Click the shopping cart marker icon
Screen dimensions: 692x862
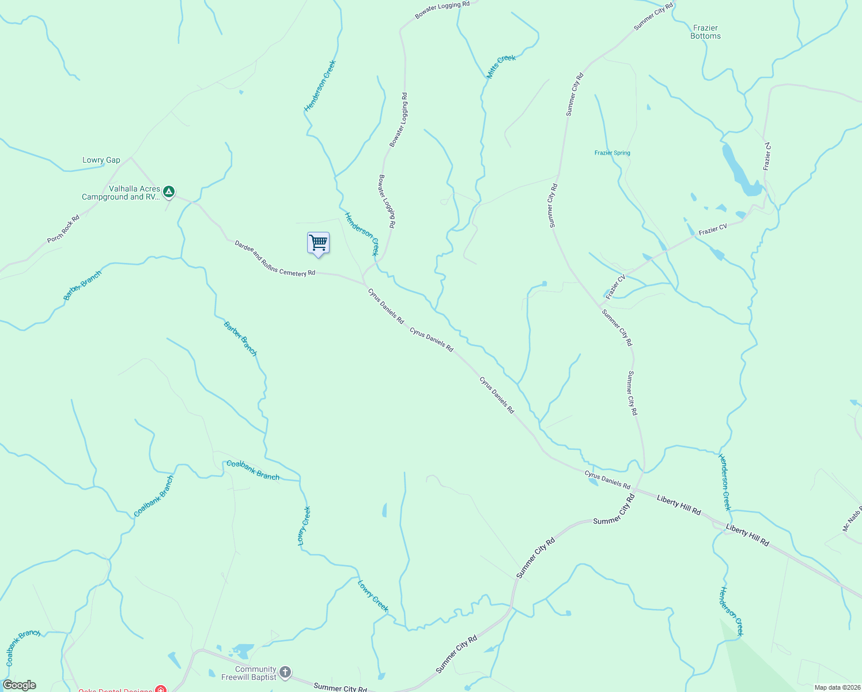click(x=318, y=243)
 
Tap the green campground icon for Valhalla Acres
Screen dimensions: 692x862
click(x=168, y=191)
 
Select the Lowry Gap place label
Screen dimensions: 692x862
click(x=101, y=160)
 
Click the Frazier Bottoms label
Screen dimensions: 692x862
click(x=705, y=32)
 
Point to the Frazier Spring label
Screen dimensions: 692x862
click(x=612, y=153)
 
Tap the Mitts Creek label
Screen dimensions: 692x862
click(x=501, y=66)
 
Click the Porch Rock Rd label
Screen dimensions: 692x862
click(x=63, y=229)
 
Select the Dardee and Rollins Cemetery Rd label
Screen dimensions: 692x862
click(x=275, y=258)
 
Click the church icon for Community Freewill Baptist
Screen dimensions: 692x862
click(x=285, y=672)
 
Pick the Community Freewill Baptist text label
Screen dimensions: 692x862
click(x=249, y=673)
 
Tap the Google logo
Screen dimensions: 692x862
click(x=20, y=685)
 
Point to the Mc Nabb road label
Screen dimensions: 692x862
click(x=852, y=520)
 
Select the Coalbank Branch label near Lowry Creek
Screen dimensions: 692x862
click(x=252, y=471)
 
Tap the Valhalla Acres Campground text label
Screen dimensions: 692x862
click(x=120, y=193)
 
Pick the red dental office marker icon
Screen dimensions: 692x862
click(x=161, y=689)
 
